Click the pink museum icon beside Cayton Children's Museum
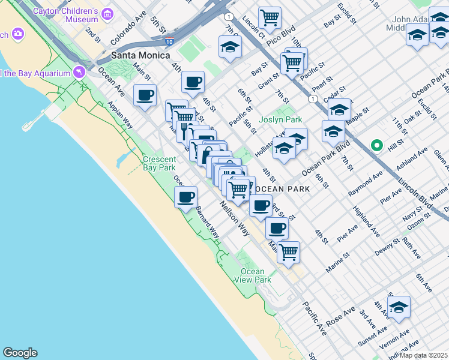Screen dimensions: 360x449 [107, 13]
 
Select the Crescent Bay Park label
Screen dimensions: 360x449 [159, 163]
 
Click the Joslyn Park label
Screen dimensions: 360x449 [279, 119]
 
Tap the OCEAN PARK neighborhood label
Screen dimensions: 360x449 [281, 189]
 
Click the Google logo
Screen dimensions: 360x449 [20, 353]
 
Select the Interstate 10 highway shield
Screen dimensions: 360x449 [170, 41]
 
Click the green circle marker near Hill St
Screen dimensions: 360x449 [377, 145]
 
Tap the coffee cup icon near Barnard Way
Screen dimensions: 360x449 [186, 197]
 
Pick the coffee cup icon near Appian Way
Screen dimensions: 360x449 [145, 95]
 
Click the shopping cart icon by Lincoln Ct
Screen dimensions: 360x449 [270, 17]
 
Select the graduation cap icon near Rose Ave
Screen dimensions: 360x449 [399, 307]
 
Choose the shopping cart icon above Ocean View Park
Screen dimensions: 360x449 [288, 251]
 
